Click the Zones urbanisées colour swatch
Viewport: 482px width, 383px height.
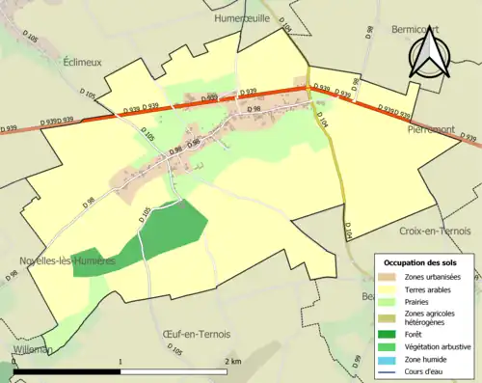click(388, 276)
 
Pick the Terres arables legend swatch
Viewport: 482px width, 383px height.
click(388, 287)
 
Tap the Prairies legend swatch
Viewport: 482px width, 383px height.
click(388, 300)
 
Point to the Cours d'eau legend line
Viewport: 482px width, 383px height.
click(388, 367)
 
